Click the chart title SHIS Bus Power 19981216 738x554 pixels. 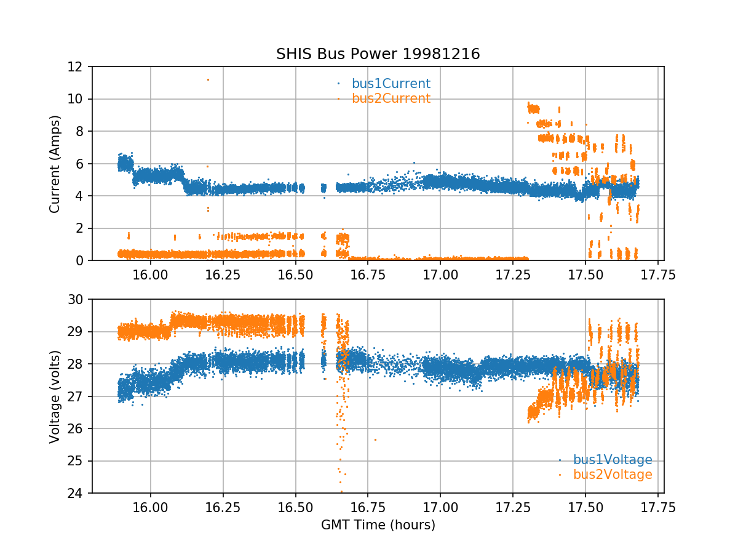tap(378, 54)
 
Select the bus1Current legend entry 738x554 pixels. tap(391, 84)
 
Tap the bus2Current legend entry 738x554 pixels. tap(391, 98)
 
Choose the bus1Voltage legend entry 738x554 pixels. tap(612, 460)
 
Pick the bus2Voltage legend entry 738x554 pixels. tap(612, 475)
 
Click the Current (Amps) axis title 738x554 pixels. tap(55, 164)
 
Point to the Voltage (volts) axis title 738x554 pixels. tap(55, 396)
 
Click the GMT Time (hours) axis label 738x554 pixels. tap(378, 525)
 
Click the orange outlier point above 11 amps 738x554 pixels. tap(208, 79)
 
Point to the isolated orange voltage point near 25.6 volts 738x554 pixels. tap(375, 440)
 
